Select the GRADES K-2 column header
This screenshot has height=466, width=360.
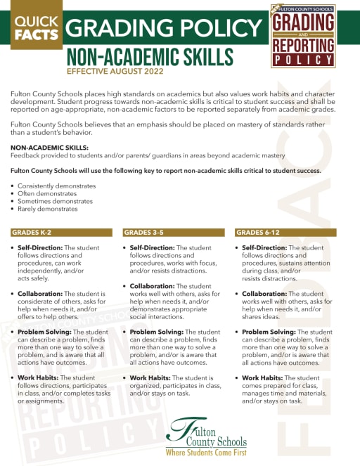pos(32,232)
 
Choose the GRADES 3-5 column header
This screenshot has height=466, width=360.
pos(143,232)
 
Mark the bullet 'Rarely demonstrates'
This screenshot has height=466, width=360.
pos(48,209)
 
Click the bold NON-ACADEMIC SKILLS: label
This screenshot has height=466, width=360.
pos(49,148)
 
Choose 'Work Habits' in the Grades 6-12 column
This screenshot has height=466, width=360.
pos(264,377)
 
